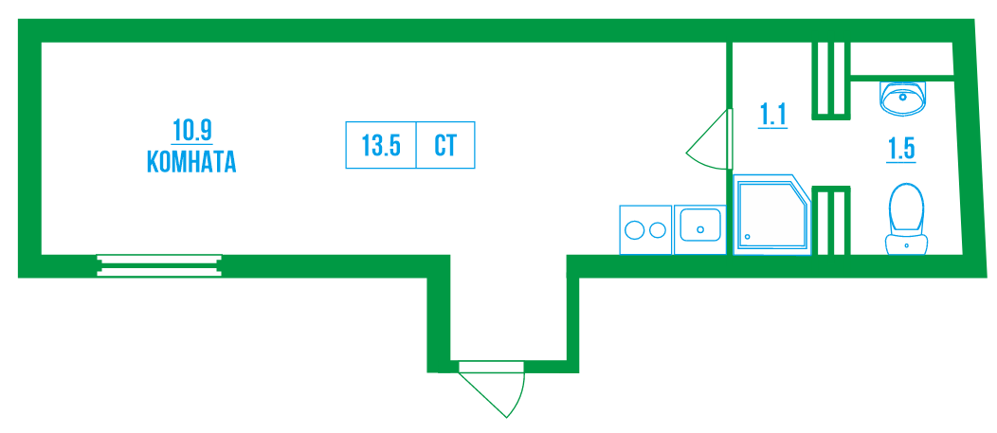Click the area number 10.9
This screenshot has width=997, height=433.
191,128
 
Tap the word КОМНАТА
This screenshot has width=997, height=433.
191,162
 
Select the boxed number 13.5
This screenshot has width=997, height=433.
381,146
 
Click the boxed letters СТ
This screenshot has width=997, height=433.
445,146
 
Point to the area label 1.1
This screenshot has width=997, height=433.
773,116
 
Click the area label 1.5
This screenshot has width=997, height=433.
901,149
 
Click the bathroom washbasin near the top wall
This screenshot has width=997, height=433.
905,98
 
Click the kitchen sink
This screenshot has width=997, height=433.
699,228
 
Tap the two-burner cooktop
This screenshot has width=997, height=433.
644,229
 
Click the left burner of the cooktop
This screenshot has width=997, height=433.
634,229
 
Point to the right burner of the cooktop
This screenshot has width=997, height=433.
655,229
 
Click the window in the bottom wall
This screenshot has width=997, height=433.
159,265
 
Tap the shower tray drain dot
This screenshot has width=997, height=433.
747,237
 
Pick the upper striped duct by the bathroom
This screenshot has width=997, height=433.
830,80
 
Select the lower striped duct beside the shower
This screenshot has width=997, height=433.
830,220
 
